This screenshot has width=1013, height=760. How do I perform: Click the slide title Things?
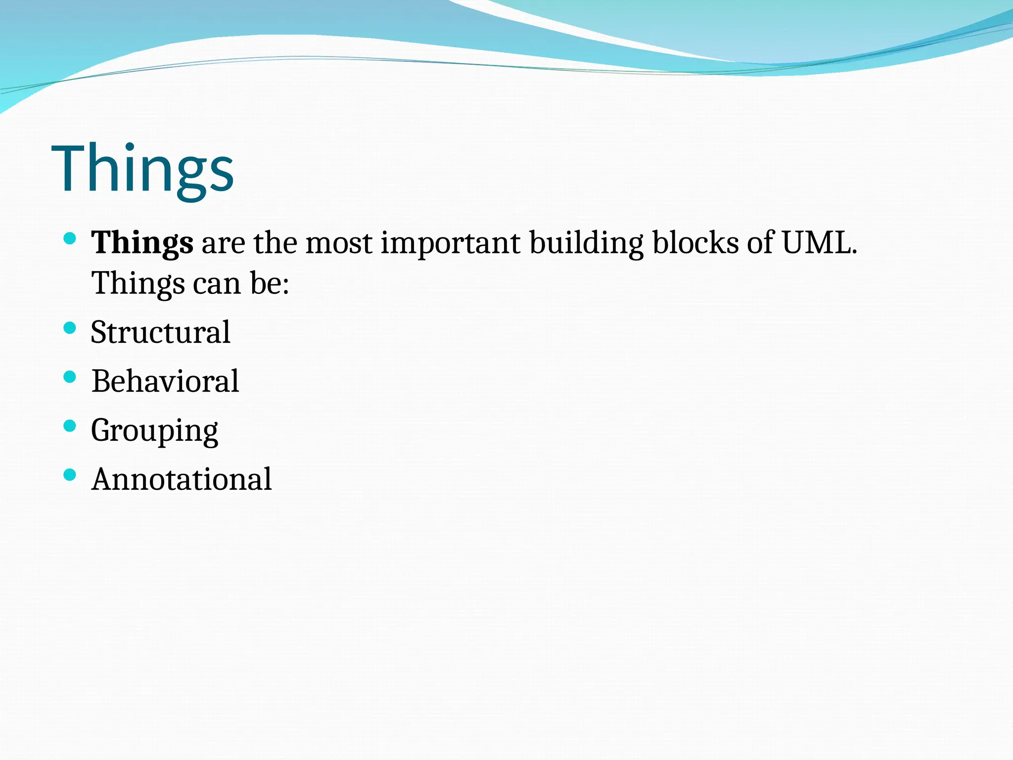[142, 169]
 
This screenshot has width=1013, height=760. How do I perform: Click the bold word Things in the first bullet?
[142, 243]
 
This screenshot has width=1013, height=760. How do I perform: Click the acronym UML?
[819, 243]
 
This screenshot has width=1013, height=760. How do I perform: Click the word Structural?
[160, 332]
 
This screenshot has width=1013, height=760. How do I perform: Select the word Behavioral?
[165, 381]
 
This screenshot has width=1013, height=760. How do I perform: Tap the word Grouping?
[154, 430]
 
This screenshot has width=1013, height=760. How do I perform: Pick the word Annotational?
[182, 479]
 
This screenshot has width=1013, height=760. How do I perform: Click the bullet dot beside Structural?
[70, 328]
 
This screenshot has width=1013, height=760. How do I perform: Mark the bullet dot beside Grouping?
[70, 426]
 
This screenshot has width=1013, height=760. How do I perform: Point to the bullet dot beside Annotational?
[70, 475]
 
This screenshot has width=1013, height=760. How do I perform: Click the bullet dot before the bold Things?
[70, 239]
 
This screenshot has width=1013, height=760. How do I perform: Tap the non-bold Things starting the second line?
[138, 284]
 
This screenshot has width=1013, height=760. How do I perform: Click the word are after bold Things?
[223, 243]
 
